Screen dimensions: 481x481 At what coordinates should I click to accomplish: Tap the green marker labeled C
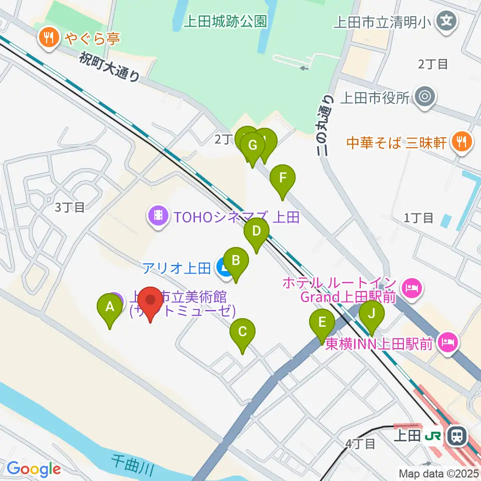click(x=243, y=331)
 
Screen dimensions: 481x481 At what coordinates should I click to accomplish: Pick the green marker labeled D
click(x=257, y=231)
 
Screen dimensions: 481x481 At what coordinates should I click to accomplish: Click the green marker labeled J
click(x=371, y=314)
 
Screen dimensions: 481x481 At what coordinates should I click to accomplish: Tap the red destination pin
click(x=150, y=301)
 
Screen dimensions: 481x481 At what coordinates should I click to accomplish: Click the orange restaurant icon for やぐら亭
click(x=49, y=38)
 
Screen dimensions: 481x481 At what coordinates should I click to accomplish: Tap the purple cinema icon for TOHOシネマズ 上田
click(x=158, y=216)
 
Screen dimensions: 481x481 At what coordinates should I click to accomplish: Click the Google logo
click(x=34, y=469)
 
